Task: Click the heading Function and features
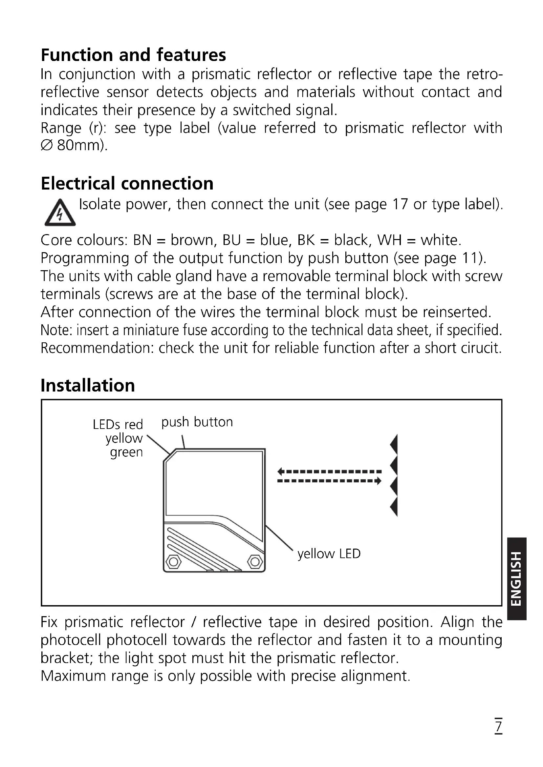pos(133,55)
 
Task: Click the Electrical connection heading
pos(127,183)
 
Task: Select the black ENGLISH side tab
pos(517,578)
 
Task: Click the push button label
pos(197,422)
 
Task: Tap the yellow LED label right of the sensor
pos(329,554)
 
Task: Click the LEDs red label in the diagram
pos(118,425)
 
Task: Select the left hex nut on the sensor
pos(173,562)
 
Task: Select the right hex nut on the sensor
pos(255,562)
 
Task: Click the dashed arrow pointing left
pos(329,472)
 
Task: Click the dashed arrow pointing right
pos(329,481)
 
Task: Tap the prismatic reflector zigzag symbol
pos(394,476)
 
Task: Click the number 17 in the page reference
pos(400,204)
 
